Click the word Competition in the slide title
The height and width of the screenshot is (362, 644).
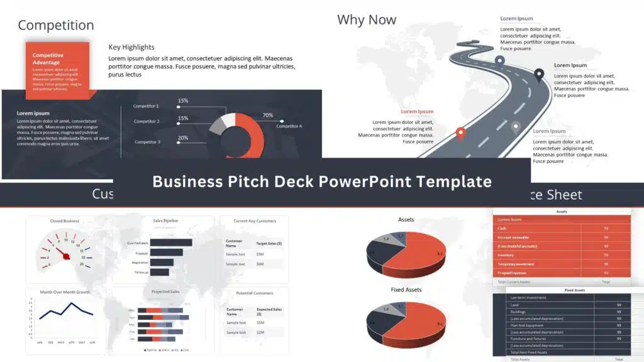pyautogui.click(x=56, y=25)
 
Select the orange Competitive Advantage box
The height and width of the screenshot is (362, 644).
pyautogui.click(x=57, y=70)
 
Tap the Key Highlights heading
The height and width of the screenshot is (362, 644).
pyautogui.click(x=131, y=47)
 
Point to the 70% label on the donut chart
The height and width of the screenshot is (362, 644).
pyautogui.click(x=267, y=115)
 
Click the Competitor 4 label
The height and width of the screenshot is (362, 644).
pyautogui.click(x=289, y=126)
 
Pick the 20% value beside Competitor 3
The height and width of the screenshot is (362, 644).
pyautogui.click(x=183, y=138)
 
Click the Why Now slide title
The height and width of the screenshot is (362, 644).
pyautogui.click(x=367, y=19)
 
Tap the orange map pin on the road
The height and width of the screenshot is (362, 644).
pyautogui.click(x=460, y=133)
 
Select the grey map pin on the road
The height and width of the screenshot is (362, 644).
pyautogui.click(x=516, y=127)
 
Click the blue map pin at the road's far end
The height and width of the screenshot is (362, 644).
pyautogui.click(x=499, y=61)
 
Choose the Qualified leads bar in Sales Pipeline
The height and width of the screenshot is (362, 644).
pyautogui.click(x=171, y=243)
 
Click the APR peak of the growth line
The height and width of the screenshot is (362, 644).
pyautogui.click(x=71, y=304)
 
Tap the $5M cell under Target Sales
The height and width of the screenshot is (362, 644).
pyautogui.click(x=260, y=254)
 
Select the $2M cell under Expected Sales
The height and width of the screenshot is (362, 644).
pyautogui.click(x=260, y=332)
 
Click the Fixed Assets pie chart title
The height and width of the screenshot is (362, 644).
pyautogui.click(x=406, y=290)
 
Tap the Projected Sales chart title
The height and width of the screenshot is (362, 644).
pyautogui.click(x=166, y=292)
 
